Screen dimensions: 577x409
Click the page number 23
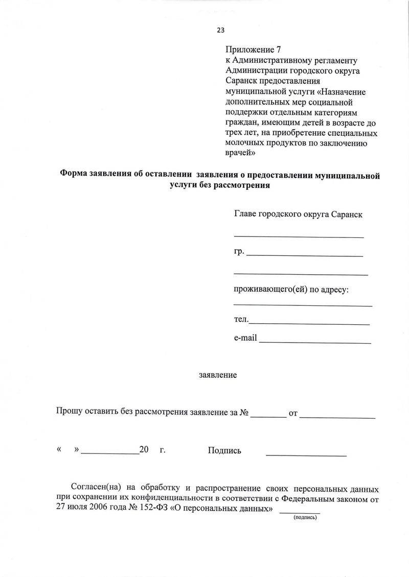[x=221, y=30]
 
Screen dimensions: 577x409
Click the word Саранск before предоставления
[x=242, y=81]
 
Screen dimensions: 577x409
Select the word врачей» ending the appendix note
[x=240, y=153]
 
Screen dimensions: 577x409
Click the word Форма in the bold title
[x=74, y=175]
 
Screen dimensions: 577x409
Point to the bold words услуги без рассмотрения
[x=220, y=186]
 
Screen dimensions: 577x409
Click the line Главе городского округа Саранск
[x=298, y=214]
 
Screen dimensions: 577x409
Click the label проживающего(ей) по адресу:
[x=291, y=290]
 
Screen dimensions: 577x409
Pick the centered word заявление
[x=218, y=375]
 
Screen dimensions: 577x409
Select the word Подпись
[x=224, y=450]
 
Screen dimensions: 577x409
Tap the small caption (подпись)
[x=305, y=518]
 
